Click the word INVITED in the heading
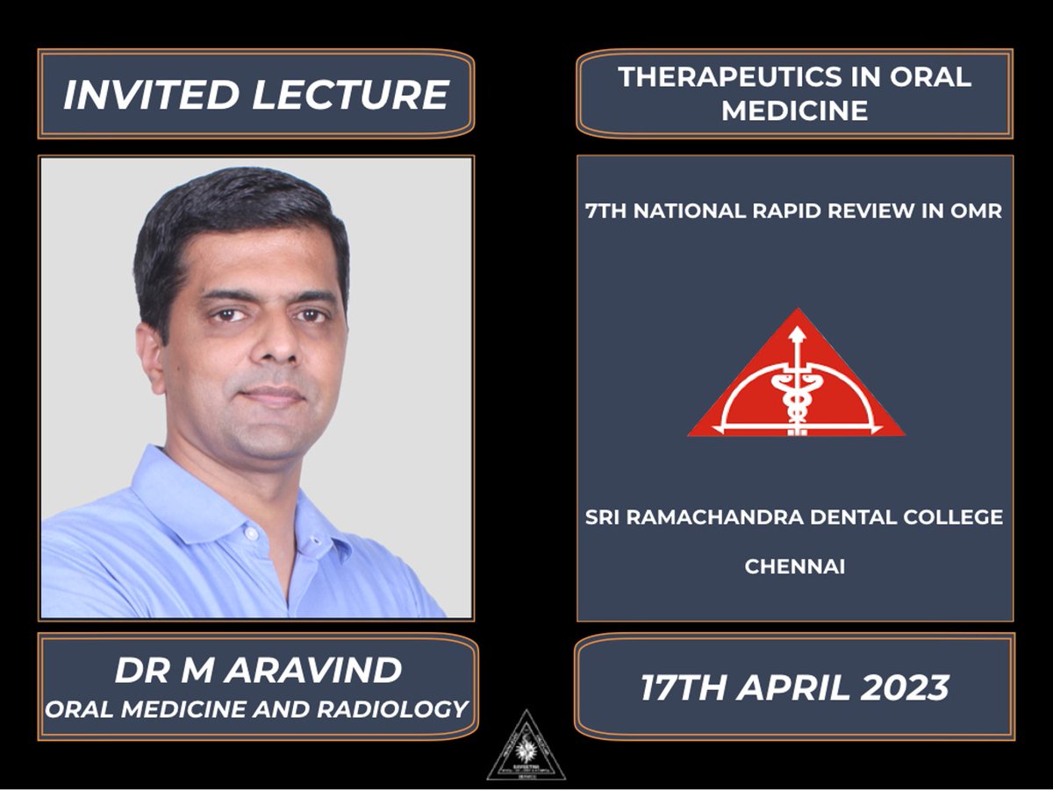150,95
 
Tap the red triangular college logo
795,386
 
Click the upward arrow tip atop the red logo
797,331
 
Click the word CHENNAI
794,567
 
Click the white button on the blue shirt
250,533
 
